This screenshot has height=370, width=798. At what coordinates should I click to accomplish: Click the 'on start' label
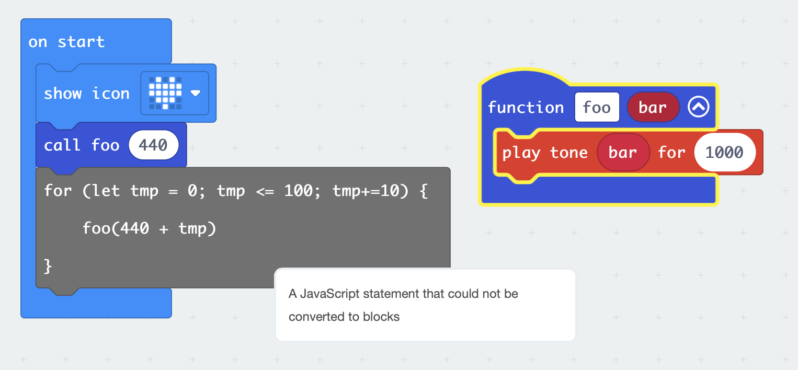tap(66, 42)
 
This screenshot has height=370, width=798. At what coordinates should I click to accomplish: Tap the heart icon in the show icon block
tap(165, 93)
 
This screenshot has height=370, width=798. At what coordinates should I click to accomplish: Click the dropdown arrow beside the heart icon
tap(195, 94)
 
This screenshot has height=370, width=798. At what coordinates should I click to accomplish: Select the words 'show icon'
tap(87, 94)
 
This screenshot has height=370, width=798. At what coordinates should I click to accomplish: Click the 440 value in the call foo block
tap(153, 145)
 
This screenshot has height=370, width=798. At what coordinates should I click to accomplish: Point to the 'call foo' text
tap(82, 145)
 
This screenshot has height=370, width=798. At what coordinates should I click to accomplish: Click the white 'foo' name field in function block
tap(597, 107)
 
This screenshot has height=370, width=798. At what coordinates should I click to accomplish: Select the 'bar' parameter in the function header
tap(653, 107)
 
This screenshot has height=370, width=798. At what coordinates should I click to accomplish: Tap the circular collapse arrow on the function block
tap(698, 107)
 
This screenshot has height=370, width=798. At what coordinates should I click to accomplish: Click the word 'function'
tap(526, 107)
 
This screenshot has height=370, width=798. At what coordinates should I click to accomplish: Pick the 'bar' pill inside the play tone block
tap(623, 152)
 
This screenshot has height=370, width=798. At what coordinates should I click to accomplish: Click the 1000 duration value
tap(725, 152)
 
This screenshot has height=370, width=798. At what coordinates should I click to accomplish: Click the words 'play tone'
tap(545, 153)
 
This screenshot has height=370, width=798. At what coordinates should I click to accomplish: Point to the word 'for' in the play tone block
tap(671, 153)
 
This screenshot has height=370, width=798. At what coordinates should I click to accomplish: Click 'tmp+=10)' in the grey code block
tap(370, 191)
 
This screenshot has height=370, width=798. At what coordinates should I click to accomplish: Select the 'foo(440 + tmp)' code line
tap(149, 228)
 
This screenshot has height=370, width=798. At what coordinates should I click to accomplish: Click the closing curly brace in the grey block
tap(48, 267)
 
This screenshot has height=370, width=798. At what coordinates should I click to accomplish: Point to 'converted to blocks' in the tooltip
tap(344, 317)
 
